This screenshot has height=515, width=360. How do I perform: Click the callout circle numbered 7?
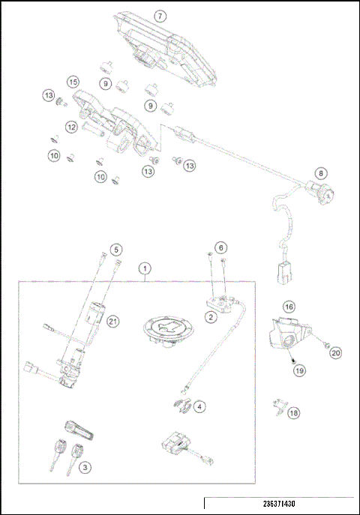[159, 15]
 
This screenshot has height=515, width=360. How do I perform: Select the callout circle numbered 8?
[320, 173]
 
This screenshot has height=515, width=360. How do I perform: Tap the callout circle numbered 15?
[73, 81]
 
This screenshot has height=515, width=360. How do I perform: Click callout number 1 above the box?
[145, 268]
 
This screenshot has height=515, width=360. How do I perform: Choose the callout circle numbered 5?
[115, 248]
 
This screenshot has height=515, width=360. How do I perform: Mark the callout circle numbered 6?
[220, 247]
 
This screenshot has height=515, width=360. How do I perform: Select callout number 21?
[112, 322]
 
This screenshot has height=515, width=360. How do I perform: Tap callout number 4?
[199, 406]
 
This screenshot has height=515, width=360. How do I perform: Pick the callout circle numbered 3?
[85, 467]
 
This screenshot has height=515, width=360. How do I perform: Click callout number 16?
[288, 306]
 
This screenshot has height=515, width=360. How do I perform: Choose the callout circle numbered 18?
[293, 413]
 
